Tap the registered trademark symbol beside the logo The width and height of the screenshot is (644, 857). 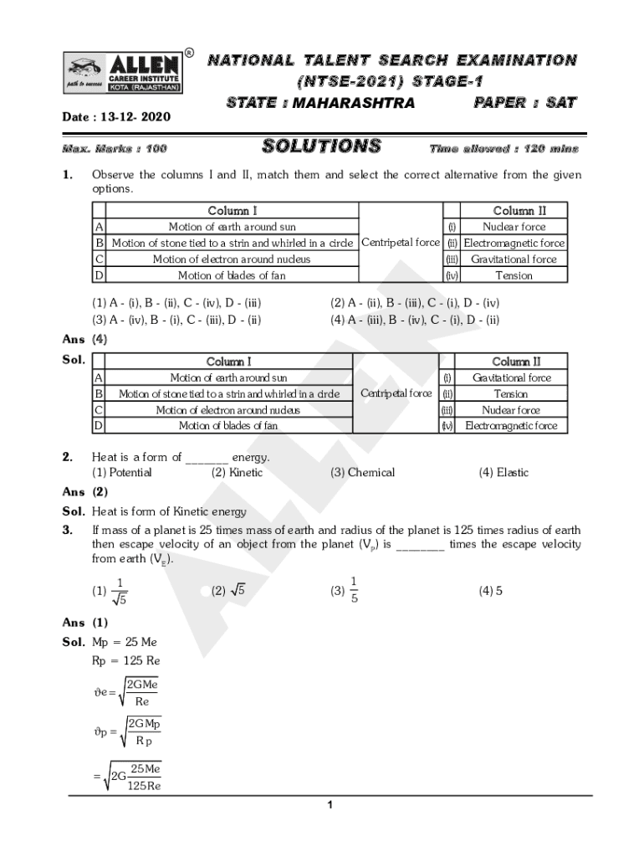190,54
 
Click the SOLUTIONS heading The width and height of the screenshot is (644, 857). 322,147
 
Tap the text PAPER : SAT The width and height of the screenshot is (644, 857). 524,103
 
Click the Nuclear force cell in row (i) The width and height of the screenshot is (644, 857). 514,227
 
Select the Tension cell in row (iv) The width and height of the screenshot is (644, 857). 514,275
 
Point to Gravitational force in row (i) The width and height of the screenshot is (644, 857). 512,377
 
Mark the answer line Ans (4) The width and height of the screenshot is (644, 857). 84,340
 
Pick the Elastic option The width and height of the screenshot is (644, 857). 503,473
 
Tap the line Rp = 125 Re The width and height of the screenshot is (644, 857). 125,660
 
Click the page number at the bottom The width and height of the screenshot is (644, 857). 330,805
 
